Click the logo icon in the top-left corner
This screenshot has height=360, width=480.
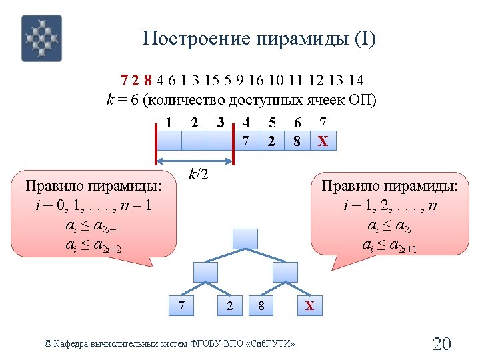(x=41, y=38)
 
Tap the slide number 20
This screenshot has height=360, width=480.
(x=442, y=344)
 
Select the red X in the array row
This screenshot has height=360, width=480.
(x=323, y=141)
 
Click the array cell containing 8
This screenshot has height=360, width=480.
(x=297, y=141)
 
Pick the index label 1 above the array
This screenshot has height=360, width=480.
(x=169, y=123)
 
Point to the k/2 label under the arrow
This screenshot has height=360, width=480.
(x=199, y=175)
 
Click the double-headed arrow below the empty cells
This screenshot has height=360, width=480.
(x=195, y=161)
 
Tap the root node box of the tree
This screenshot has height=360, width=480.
(x=245, y=239)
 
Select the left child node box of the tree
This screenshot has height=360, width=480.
(x=205, y=272)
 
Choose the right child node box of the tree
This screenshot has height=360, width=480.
(x=285, y=272)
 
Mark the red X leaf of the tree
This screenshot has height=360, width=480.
(x=309, y=306)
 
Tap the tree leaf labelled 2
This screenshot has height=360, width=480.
(x=230, y=306)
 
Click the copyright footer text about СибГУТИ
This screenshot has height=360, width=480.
(x=169, y=343)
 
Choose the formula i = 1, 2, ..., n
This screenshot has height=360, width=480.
(x=390, y=205)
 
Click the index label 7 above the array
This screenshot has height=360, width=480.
(x=323, y=123)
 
